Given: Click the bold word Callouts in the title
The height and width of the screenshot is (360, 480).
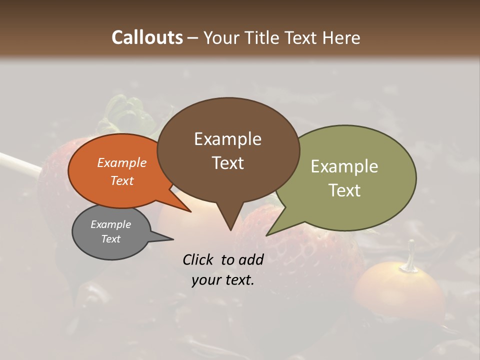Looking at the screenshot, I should pos(147,37).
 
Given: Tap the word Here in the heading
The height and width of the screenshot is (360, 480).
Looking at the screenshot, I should pos(339,37).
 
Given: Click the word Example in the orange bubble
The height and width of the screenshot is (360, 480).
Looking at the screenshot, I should pos(121,163).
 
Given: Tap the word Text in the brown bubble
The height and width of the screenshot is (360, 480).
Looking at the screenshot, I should pos(228,163).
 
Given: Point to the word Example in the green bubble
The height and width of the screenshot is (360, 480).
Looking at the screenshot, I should pos(344,166).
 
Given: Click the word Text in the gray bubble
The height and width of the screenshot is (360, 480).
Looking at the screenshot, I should pos(111,239).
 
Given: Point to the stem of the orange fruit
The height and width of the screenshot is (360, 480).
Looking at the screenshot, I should pos(411,255).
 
